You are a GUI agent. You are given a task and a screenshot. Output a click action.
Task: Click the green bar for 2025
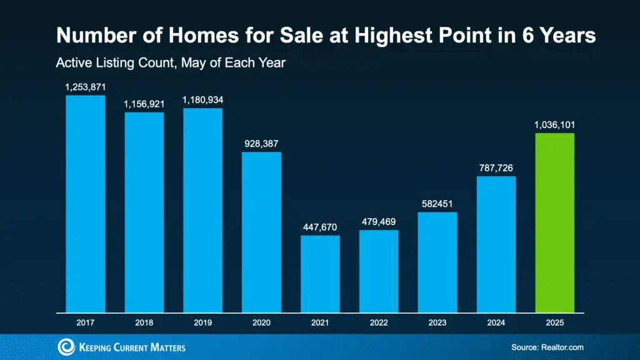(554, 222)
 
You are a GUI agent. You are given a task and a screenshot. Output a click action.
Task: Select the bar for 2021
(320, 273)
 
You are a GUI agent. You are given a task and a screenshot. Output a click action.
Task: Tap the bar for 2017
(86, 203)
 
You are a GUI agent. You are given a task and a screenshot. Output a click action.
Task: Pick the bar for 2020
(261, 231)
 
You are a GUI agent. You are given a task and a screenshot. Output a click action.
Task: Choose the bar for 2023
(437, 261)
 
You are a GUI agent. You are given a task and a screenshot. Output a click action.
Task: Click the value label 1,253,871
(86, 87)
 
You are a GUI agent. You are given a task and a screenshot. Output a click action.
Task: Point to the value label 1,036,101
(554, 125)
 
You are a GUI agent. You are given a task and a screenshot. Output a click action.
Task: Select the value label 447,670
(320, 227)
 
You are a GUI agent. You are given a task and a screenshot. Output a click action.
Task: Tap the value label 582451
(437, 204)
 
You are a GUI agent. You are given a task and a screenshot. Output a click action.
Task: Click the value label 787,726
(496, 168)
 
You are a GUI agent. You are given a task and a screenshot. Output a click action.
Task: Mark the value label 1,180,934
(202, 100)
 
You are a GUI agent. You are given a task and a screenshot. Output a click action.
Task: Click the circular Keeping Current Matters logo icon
(66, 347)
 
